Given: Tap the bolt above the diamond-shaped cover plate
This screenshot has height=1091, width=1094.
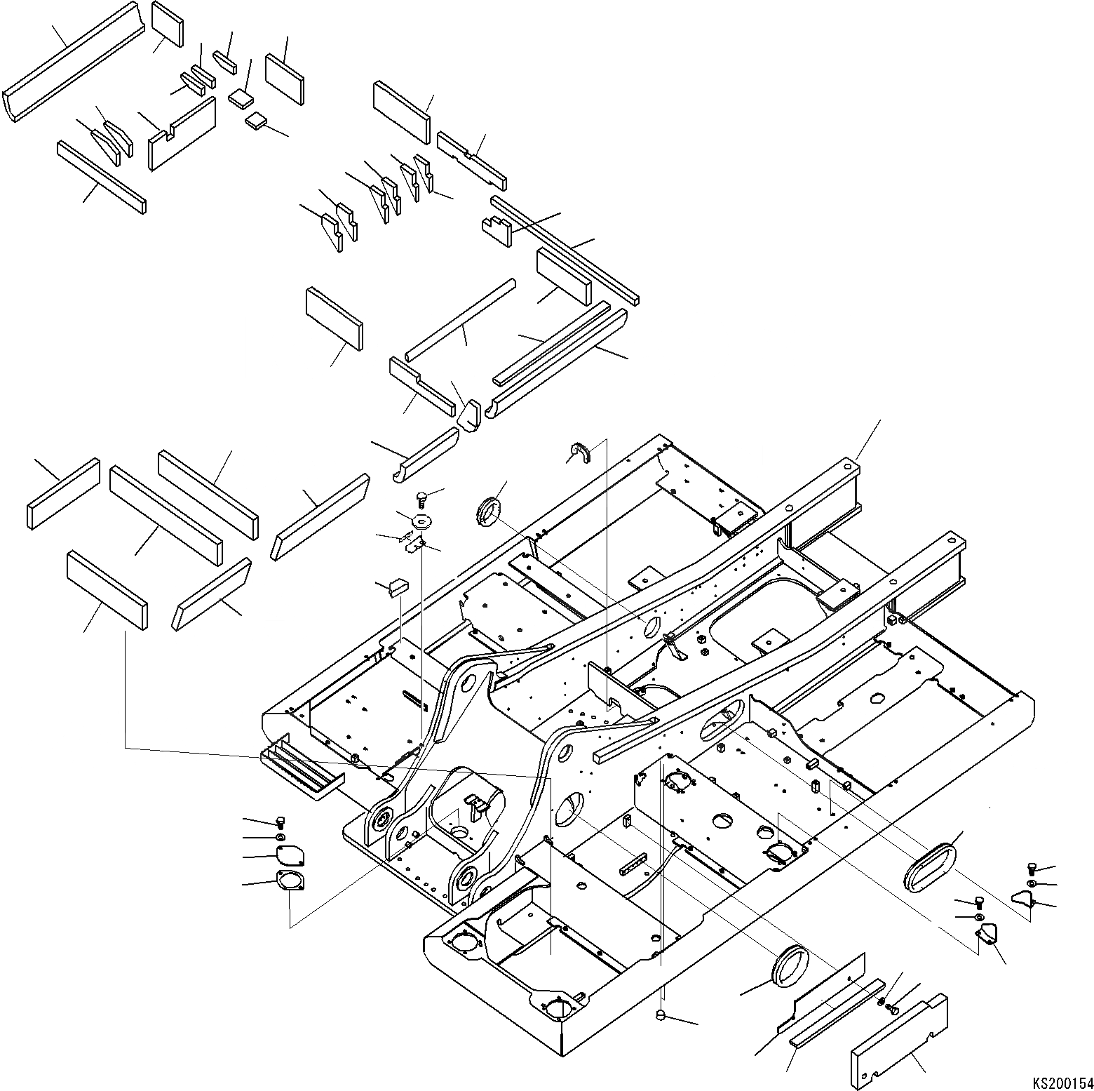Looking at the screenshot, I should point(281,822).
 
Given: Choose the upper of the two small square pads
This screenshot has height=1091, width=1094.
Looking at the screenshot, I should point(241,97).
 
